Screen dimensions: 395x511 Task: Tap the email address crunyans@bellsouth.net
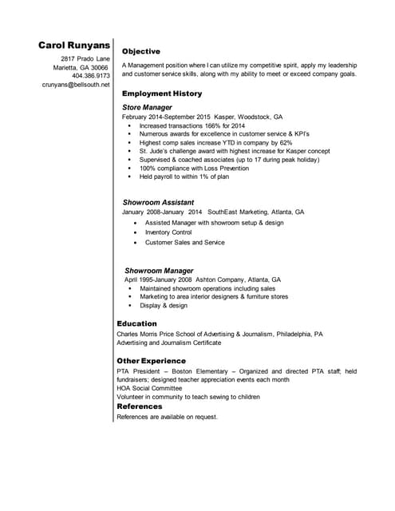click(x=76, y=84)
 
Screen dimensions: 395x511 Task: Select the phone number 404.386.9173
click(x=90, y=76)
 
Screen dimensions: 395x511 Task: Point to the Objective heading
click(x=141, y=51)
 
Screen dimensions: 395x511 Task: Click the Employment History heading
click(x=161, y=93)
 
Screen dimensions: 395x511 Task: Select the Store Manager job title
click(x=147, y=106)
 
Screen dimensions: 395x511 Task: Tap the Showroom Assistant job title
click(x=157, y=203)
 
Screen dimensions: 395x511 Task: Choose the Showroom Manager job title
click(x=159, y=271)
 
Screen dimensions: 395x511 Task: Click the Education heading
click(x=136, y=323)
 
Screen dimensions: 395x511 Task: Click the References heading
click(x=140, y=406)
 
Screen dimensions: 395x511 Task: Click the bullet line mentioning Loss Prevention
click(x=194, y=168)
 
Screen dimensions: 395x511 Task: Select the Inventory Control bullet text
click(x=168, y=232)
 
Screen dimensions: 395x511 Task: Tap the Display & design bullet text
click(x=164, y=306)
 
